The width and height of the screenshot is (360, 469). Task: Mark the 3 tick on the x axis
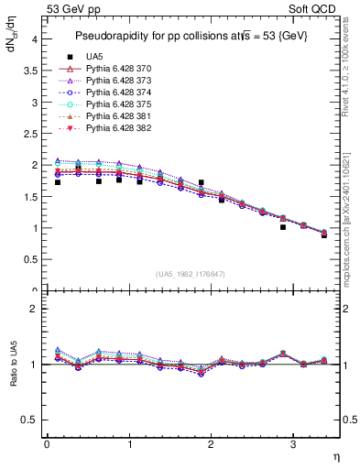click(x=293, y=444)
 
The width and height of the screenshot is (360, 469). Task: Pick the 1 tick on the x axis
click(x=129, y=444)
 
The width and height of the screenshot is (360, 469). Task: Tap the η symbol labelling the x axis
click(x=334, y=455)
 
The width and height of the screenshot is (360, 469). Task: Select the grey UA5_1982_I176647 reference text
click(x=192, y=274)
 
